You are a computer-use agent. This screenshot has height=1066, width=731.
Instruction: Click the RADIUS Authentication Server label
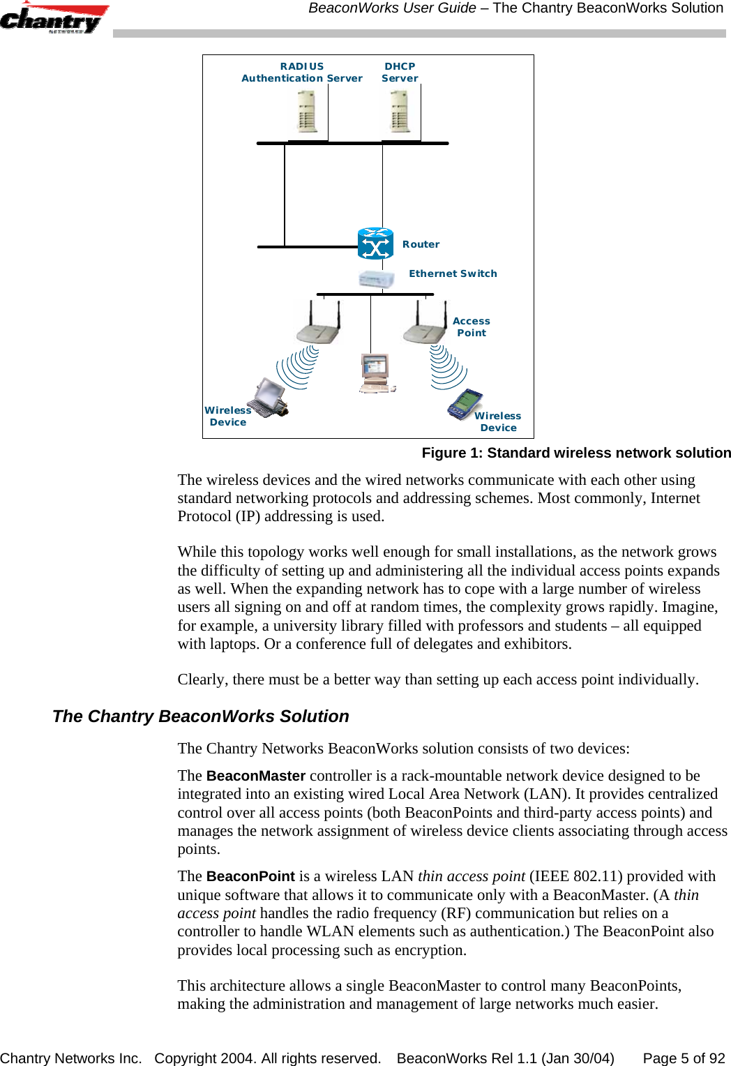301,73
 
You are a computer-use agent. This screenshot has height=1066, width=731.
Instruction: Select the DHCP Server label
400,73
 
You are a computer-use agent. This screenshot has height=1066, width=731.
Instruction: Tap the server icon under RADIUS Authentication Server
306,113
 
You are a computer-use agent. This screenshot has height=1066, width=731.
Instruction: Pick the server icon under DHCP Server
400,113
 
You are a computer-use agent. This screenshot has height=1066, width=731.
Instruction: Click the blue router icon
375,243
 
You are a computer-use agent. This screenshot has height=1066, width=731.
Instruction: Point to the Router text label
421,244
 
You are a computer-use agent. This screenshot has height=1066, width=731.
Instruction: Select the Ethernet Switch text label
453,273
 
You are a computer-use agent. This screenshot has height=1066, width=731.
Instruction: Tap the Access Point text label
472,327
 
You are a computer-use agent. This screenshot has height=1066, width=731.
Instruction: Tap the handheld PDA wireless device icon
465,405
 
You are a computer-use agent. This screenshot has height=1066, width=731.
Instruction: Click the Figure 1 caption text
576,453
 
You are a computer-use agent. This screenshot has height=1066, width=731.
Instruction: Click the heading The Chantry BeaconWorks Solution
201,716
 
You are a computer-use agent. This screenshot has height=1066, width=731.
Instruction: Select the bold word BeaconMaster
256,776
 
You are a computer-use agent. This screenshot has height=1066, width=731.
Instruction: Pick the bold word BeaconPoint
250,876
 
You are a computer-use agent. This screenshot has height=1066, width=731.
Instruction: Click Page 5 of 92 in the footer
684,1058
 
